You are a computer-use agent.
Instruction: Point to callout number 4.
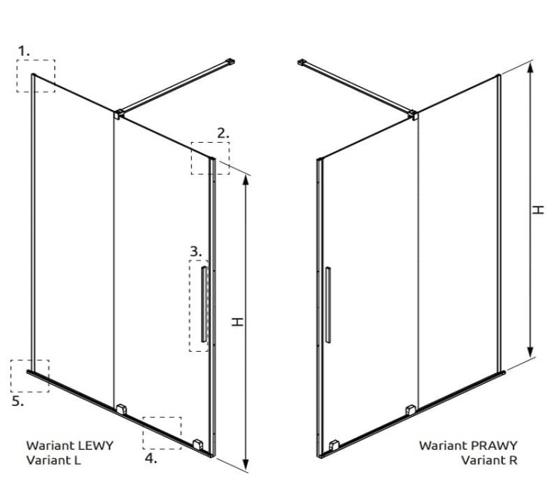point(151,458)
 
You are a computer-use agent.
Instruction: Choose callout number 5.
point(18,402)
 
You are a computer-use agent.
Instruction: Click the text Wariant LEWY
point(70,445)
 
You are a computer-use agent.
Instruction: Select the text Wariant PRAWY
point(468,445)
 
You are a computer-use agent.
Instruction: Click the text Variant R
point(489,460)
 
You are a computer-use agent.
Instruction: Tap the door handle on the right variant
point(328,305)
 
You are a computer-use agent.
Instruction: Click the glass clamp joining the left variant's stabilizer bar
point(118,115)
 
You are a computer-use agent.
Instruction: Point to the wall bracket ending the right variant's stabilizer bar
point(302,62)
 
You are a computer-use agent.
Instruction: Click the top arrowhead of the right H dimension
point(530,67)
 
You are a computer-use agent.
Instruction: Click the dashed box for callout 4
point(162,433)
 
